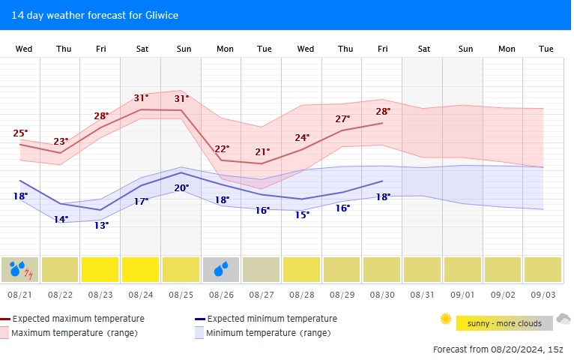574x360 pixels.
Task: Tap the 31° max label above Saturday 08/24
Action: pyautogui.click(x=141, y=98)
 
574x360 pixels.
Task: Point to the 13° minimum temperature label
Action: pyautogui.click(x=101, y=225)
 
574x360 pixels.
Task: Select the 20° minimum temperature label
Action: pyautogui.click(x=181, y=187)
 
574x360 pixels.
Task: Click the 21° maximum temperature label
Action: pyautogui.click(x=262, y=151)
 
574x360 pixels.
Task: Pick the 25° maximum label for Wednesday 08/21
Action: pyautogui.click(x=20, y=133)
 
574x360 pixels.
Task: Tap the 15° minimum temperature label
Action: pyautogui.click(x=302, y=214)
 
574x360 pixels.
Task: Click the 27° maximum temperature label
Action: pyautogui.click(x=342, y=118)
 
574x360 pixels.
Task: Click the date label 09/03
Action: pyautogui.click(x=544, y=295)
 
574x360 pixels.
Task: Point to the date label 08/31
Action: pyautogui.click(x=423, y=295)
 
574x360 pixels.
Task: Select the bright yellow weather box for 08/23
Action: pyautogui.click(x=100, y=269)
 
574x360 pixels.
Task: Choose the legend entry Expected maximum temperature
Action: pyautogui.click(x=75, y=319)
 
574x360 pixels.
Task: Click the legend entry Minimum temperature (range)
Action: pyautogui.click(x=268, y=333)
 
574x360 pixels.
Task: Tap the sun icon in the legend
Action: pyautogui.click(x=446, y=319)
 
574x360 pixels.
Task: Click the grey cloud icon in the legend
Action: pyautogui.click(x=564, y=319)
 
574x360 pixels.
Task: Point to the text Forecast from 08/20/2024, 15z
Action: pyautogui.click(x=497, y=349)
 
